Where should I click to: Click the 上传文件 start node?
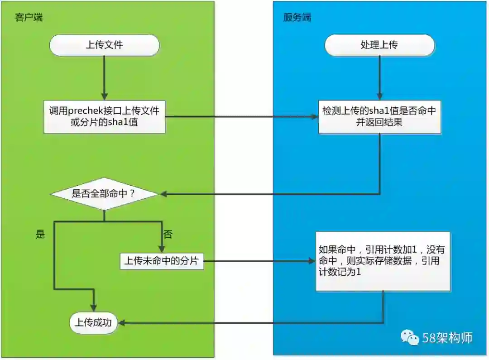[104, 45]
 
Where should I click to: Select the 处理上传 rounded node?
[379, 45]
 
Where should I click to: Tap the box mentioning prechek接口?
[104, 116]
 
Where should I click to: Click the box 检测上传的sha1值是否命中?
[379, 116]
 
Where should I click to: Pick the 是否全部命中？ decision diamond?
[104, 194]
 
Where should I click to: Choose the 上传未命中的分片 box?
[162, 261]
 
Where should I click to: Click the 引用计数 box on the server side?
[383, 261]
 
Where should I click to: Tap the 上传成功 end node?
[93, 322]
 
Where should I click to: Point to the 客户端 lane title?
[29, 18]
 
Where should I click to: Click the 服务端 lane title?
[297, 18]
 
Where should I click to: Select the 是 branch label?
[41, 235]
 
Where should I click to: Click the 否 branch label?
[168, 235]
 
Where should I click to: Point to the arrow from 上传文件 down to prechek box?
[104, 77]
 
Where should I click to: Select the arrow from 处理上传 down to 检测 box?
[379, 77]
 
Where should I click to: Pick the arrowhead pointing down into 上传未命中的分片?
[162, 248]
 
